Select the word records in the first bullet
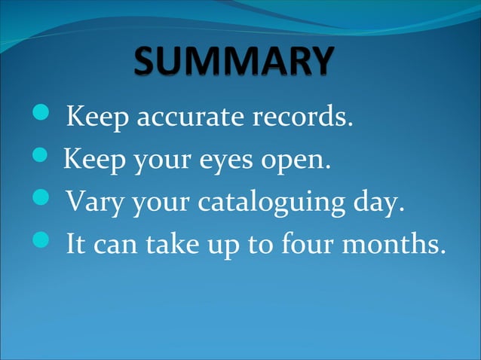[305, 118]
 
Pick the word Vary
[90, 202]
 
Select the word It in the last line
[75, 244]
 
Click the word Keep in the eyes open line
[86, 160]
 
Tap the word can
[124, 246]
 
